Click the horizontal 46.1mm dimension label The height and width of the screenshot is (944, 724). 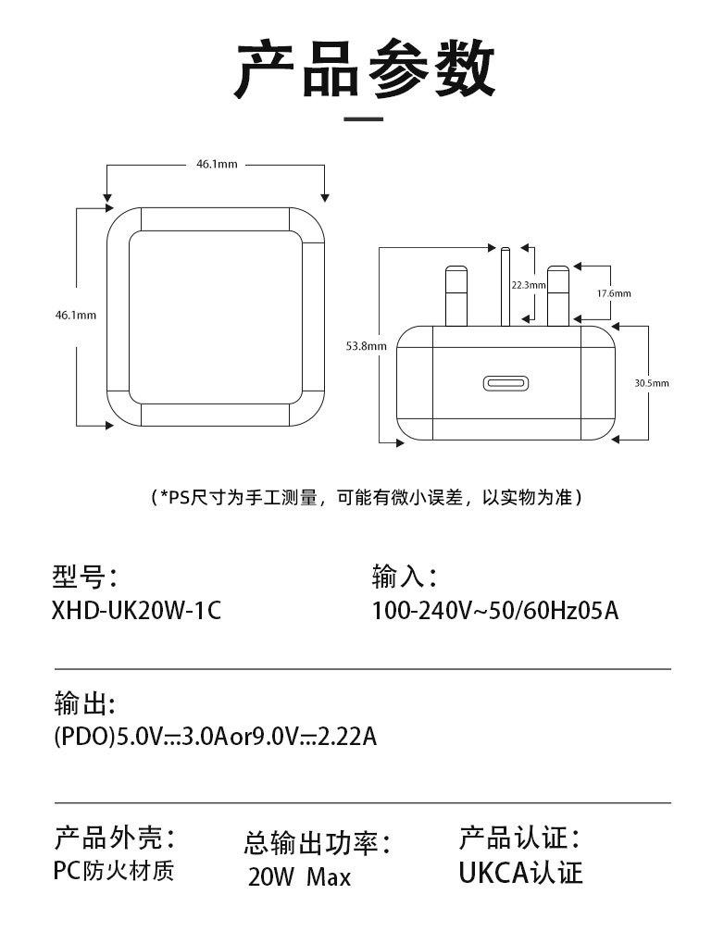[216, 165]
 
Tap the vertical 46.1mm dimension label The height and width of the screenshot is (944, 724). [76, 315]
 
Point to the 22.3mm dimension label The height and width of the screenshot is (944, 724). [528, 285]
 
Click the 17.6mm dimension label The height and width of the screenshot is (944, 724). [613, 292]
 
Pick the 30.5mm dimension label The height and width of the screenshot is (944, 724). [651, 382]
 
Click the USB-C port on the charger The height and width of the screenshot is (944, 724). [506, 383]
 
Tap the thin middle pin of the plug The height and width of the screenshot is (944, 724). [505, 287]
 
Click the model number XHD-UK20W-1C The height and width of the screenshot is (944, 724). [137, 612]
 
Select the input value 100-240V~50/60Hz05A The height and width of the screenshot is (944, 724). [495, 612]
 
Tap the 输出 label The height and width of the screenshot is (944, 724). [84, 704]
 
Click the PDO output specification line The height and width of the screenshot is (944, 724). [215, 738]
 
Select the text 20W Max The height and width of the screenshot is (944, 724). [299, 876]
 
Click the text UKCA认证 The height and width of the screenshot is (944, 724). [520, 872]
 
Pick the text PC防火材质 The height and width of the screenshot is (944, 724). [113, 871]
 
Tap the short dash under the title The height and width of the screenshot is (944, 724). [363, 119]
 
